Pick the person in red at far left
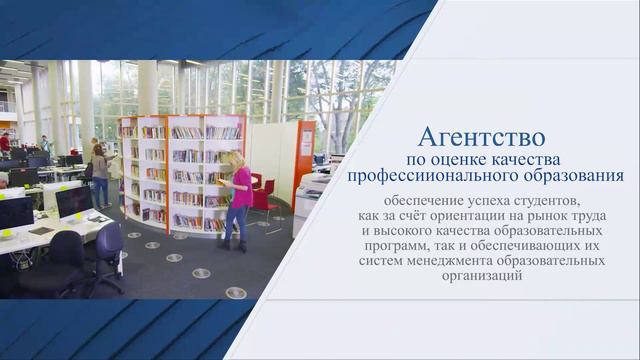[x=5, y=143]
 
